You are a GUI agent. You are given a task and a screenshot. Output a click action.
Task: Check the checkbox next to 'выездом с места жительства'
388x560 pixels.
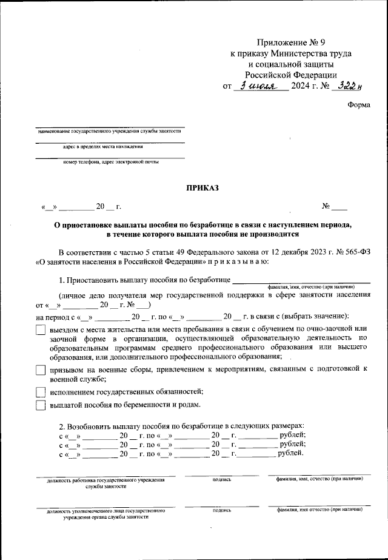41,329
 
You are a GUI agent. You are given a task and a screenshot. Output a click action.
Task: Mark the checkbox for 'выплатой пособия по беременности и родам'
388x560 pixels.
41,405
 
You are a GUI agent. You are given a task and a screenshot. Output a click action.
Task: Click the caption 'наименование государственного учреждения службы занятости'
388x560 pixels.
109,130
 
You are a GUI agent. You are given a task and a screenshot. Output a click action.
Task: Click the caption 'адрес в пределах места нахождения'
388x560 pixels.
102,146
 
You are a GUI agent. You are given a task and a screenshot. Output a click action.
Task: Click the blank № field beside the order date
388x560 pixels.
339,207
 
